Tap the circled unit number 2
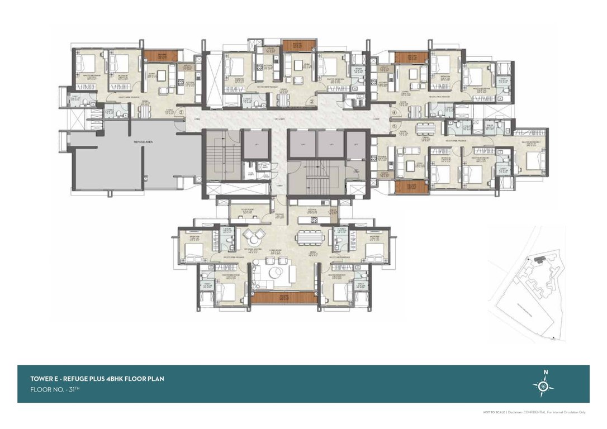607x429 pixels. pyautogui.click(x=182, y=111)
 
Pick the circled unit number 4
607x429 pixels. pyautogui.click(x=394, y=112)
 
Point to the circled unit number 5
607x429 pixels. pyautogui.click(x=394, y=126)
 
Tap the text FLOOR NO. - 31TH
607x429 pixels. pyautogui.click(x=55, y=389)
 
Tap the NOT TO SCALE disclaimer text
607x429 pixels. pyautogui.click(x=494, y=412)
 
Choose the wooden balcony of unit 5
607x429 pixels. pyautogui.click(x=411, y=187)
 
